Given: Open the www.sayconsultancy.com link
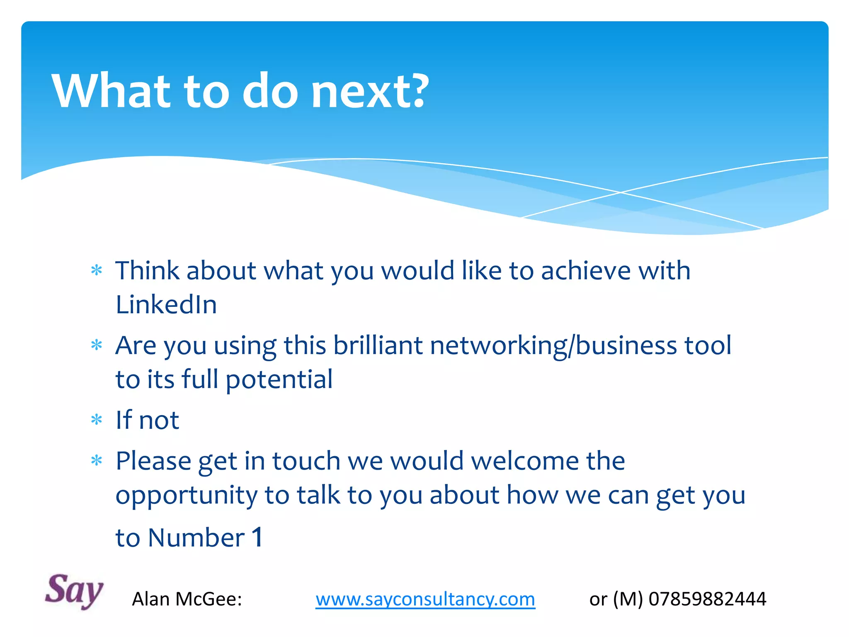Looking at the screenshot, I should pos(425,599).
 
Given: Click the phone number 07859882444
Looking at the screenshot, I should pos(707,599).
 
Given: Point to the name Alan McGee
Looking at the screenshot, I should pos(187,599).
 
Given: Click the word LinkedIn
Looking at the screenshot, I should pos(166,305).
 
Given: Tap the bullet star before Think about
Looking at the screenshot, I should pos(97,271).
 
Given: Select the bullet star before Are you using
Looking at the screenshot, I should pos(97,345).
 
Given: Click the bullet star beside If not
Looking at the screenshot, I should pos(97,420).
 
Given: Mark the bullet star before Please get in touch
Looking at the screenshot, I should pos(97,460).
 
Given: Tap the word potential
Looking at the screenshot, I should pos(279,379).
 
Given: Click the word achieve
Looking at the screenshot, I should pos(586,271).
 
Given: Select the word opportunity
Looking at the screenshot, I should pos(187,496).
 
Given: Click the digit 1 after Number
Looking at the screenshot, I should pos(257,537).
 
